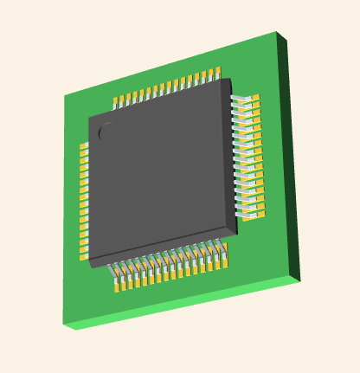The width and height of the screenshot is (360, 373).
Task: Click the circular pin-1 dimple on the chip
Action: (106, 132)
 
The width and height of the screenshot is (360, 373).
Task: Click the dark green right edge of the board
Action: (289, 156)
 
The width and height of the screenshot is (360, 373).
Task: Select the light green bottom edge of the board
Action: (182, 304)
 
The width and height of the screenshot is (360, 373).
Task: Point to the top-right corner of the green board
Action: (277, 33)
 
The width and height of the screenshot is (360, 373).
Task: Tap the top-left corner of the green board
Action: (64, 96)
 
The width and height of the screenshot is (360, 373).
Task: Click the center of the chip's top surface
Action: (161, 171)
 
